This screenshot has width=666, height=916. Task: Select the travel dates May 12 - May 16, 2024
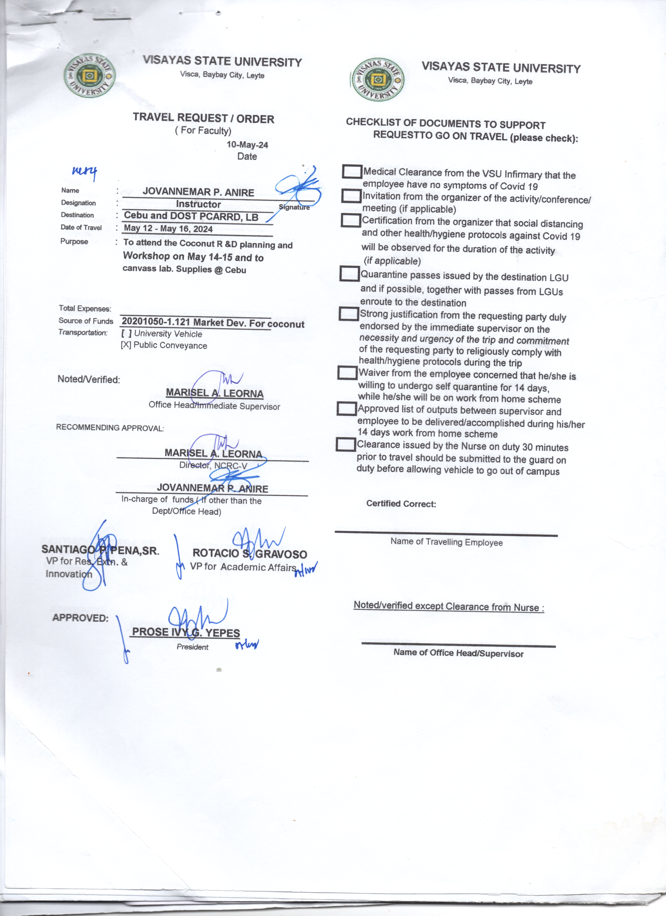(x=168, y=229)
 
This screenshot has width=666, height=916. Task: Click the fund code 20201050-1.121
(x=156, y=322)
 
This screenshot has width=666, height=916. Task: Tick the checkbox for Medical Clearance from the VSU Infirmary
(x=352, y=171)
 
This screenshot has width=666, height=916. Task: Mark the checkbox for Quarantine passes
(x=349, y=274)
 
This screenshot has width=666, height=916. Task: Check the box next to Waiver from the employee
(x=347, y=372)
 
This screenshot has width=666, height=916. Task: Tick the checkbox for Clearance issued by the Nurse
(x=346, y=445)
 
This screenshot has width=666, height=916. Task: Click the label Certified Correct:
(x=401, y=504)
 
